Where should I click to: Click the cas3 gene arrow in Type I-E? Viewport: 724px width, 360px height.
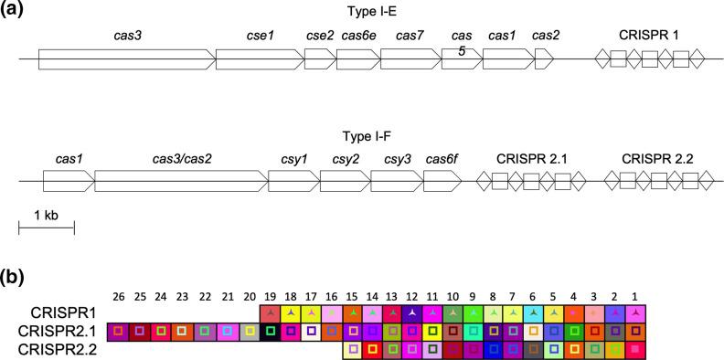click(126, 59)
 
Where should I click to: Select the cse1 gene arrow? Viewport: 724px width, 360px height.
click(259, 59)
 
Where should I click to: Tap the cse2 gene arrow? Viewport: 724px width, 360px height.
click(320, 59)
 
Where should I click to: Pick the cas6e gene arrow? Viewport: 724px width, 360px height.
click(357, 59)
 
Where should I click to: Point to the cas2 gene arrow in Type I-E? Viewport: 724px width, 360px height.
click(544, 59)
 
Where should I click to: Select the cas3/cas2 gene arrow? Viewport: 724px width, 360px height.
click(179, 181)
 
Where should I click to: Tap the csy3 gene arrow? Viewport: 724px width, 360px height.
click(396, 181)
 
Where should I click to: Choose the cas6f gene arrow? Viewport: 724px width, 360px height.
click(442, 181)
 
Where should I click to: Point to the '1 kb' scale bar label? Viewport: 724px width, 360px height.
click(46, 215)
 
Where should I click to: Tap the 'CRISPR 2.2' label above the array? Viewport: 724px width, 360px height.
click(657, 159)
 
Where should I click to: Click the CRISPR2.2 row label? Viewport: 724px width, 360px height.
click(65, 349)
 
